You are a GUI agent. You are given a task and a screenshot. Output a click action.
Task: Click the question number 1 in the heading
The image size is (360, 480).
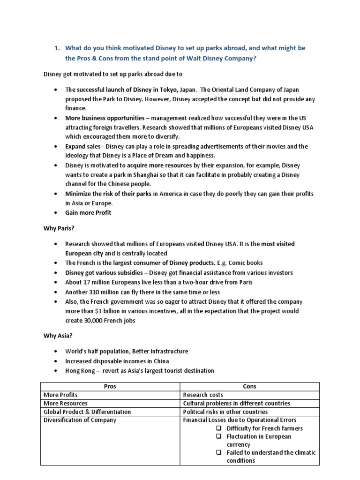pyautogui.click(x=57, y=48)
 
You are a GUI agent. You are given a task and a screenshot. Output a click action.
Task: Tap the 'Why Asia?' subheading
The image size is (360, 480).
pyautogui.click(x=55, y=336)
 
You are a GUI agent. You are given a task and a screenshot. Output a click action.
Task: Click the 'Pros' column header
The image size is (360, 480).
pyautogui.click(x=110, y=386)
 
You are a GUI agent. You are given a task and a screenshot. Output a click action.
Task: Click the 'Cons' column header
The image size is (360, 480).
pyautogui.click(x=249, y=386)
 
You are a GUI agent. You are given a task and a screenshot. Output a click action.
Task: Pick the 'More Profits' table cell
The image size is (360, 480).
pyautogui.click(x=60, y=395)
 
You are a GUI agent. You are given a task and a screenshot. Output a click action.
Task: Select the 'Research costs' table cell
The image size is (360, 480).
pyautogui.click(x=203, y=395)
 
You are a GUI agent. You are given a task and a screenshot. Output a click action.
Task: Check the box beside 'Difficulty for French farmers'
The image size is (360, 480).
pyautogui.click(x=219, y=428)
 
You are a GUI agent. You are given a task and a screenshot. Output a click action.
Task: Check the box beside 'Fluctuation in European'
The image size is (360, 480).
pyautogui.click(x=219, y=436)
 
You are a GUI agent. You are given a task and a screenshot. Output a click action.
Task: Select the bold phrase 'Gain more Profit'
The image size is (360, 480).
pyautogui.click(x=88, y=212)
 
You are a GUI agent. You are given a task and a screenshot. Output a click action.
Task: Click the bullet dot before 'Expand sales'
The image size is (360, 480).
pyautogui.click(x=56, y=146)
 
